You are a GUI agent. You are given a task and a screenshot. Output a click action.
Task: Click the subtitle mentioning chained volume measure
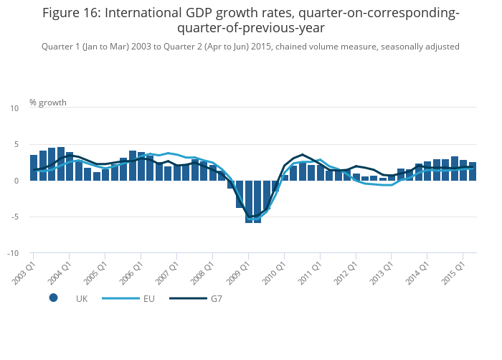[x=250, y=47]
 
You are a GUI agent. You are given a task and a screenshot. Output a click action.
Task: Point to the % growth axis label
[x=48, y=103]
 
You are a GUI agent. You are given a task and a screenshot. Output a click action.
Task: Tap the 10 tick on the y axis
[x=14, y=108]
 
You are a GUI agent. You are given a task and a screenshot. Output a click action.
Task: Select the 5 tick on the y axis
[x=16, y=145]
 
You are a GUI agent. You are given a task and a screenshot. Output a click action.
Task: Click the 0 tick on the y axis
[x=16, y=181]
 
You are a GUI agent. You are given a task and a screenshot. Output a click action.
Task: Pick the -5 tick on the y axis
[x=14, y=217]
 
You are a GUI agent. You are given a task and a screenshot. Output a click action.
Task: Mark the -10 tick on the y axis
[x=13, y=253]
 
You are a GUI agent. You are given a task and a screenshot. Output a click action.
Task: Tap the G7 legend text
[x=217, y=298]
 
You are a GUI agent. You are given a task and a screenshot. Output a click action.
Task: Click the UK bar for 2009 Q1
[x=249, y=202]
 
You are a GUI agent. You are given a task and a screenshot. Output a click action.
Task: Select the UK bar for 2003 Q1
[x=34, y=168]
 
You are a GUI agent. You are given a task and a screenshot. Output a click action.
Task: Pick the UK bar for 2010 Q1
[x=285, y=178]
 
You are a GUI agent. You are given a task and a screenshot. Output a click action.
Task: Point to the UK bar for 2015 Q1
[x=463, y=171]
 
